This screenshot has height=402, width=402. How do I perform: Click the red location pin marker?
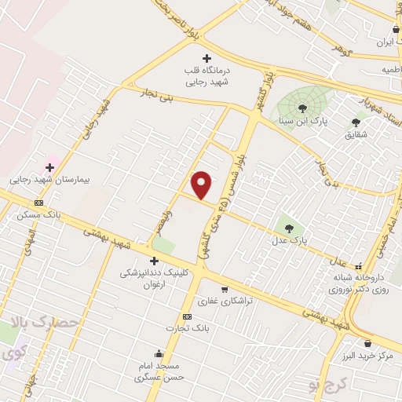pyautogui.click(x=202, y=184)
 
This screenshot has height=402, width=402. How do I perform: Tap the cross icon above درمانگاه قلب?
pyautogui.click(x=207, y=58)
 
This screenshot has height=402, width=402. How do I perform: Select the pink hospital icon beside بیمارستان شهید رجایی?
pyautogui.click(x=50, y=167)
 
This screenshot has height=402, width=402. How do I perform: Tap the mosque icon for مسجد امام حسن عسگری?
pyautogui.click(x=160, y=354)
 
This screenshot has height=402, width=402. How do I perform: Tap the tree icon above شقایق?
pyautogui.click(x=356, y=122)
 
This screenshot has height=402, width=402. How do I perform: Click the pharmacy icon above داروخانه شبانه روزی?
pyautogui.click(x=359, y=265)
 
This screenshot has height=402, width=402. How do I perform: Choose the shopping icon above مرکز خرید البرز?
pyautogui.click(x=367, y=343)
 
